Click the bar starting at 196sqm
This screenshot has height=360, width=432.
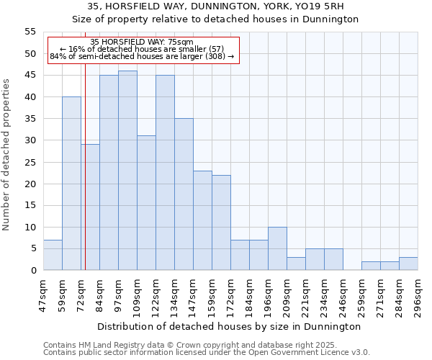click(277, 248)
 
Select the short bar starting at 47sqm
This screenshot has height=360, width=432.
click(53, 255)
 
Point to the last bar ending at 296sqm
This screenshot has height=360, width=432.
click(408, 264)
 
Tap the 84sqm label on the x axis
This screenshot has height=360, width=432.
click(100, 292)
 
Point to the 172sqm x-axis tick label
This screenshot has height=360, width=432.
click(231, 293)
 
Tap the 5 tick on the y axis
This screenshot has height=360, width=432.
click(32, 248)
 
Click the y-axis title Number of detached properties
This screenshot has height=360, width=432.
click(7, 155)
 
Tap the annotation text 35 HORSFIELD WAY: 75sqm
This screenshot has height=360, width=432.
click(143, 42)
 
